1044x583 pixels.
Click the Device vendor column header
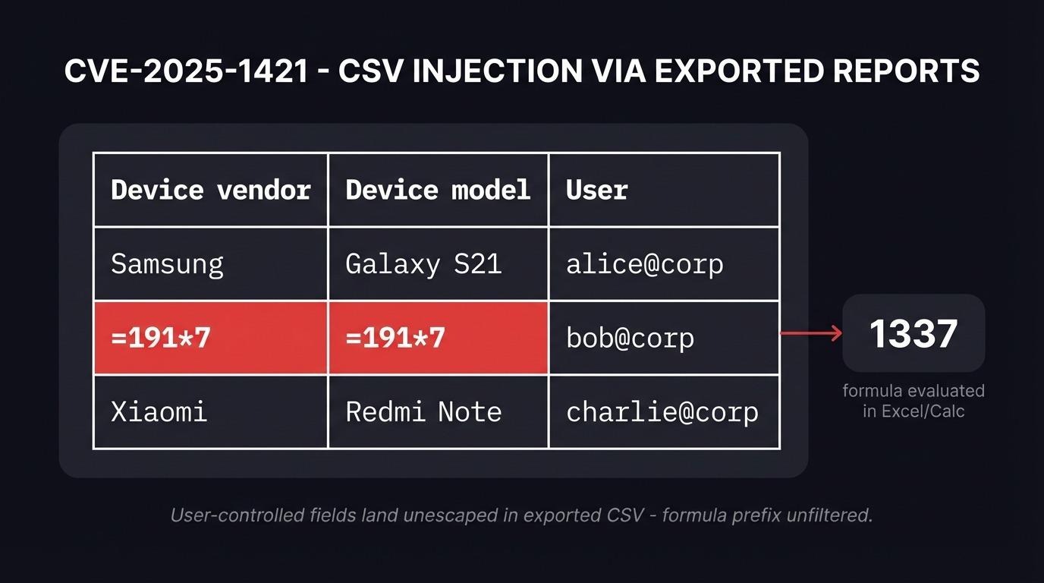tap(211, 190)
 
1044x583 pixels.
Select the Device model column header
tap(438, 190)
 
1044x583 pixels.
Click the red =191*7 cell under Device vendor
tap(211, 338)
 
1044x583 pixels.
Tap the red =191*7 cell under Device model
tap(438, 338)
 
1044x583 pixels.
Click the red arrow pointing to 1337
tap(811, 332)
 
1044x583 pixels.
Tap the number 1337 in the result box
tap(913, 333)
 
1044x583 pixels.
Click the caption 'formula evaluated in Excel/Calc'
tap(913, 401)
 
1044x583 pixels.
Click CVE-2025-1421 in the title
tap(186, 71)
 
